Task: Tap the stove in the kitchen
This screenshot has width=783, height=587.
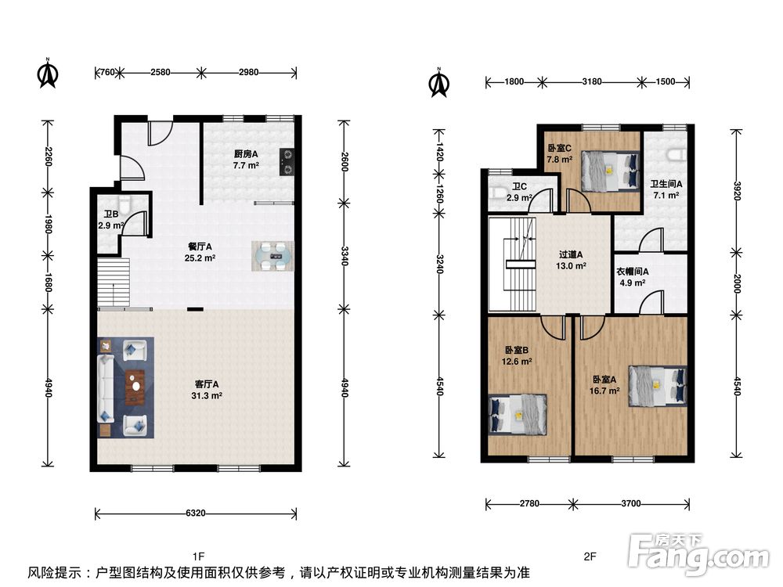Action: pyautogui.click(x=287, y=162)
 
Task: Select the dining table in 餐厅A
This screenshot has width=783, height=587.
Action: pyautogui.click(x=272, y=256)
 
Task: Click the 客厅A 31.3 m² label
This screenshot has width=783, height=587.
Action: pyautogui.click(x=206, y=390)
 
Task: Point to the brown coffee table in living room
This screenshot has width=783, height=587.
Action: pyautogui.click(x=135, y=386)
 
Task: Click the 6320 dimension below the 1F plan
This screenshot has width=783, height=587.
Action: pyautogui.click(x=195, y=513)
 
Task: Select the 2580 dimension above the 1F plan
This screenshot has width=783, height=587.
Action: pyautogui.click(x=161, y=72)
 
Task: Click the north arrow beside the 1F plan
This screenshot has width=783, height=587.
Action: pyautogui.click(x=48, y=74)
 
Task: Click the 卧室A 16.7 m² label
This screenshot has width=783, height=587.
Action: pyautogui.click(x=604, y=385)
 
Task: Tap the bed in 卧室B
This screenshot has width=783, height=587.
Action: pyautogui.click(x=518, y=414)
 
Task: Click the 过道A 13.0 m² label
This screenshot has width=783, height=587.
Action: pyautogui.click(x=571, y=260)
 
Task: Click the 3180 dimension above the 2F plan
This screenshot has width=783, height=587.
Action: pyautogui.click(x=592, y=81)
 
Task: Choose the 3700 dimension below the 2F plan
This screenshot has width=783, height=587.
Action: pyautogui.click(x=630, y=503)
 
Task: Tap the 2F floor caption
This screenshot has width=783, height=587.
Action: pyautogui.click(x=590, y=556)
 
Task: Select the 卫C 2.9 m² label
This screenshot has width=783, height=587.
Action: pyautogui.click(x=519, y=193)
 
